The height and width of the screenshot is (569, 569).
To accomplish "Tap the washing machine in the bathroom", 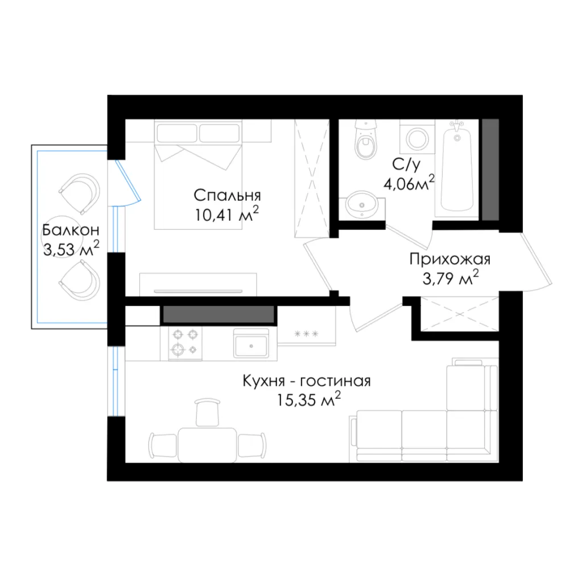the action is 417,137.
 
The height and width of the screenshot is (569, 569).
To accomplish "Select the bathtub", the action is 457,168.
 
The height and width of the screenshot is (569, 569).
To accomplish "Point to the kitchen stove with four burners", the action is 185,343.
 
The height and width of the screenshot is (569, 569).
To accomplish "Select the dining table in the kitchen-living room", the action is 207,445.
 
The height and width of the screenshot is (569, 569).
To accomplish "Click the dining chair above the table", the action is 207,412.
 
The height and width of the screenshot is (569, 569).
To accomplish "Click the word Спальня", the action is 227,196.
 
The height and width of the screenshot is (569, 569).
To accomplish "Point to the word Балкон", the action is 71,230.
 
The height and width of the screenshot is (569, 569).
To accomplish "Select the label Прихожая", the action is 450,260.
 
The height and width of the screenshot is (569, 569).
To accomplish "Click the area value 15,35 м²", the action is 309,399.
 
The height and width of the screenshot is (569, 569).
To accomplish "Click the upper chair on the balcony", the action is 81,193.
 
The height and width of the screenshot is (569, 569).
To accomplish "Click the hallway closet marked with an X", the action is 459,314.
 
